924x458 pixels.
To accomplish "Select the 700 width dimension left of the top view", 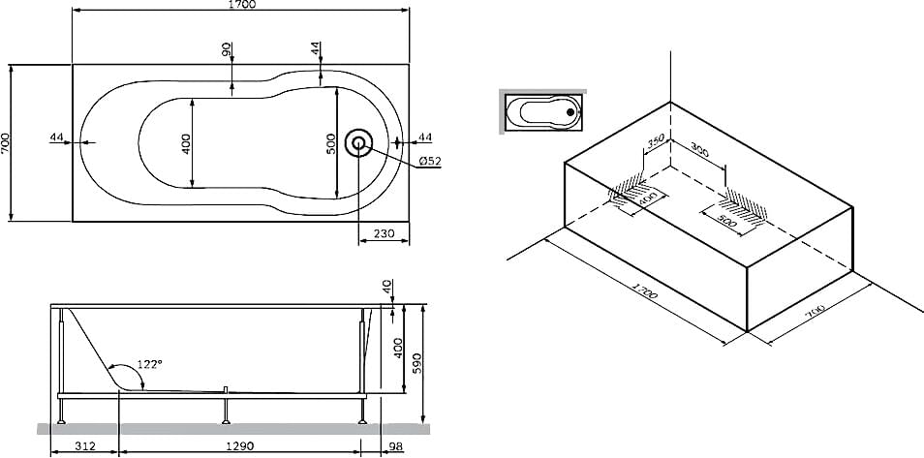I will point(7,142).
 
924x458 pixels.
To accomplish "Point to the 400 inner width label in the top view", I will point(186,141).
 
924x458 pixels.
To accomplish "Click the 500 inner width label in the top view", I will point(331,143).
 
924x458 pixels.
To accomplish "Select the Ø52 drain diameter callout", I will point(429,161).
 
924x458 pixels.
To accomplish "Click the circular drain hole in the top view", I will point(359,143).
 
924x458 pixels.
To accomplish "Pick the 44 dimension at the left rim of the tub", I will point(57,137).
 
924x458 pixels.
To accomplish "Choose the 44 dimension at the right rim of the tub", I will point(424,137).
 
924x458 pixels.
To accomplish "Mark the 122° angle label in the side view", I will point(148,364).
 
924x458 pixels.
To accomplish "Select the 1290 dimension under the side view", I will point(240,446).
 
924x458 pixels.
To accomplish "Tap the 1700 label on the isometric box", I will point(644,292).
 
